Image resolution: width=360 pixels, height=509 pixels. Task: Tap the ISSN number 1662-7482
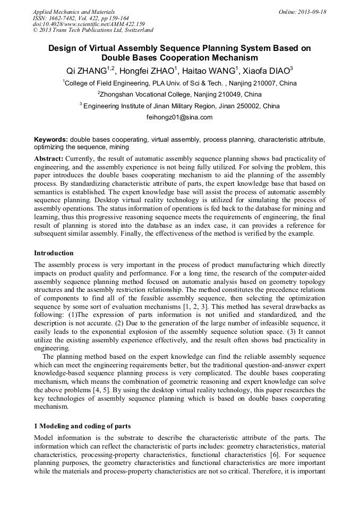(x=64, y=18)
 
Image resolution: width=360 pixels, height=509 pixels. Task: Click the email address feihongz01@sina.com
(x=179, y=117)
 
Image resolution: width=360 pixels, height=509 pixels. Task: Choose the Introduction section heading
(x=54, y=253)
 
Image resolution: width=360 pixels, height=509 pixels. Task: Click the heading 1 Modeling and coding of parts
(x=82, y=426)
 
